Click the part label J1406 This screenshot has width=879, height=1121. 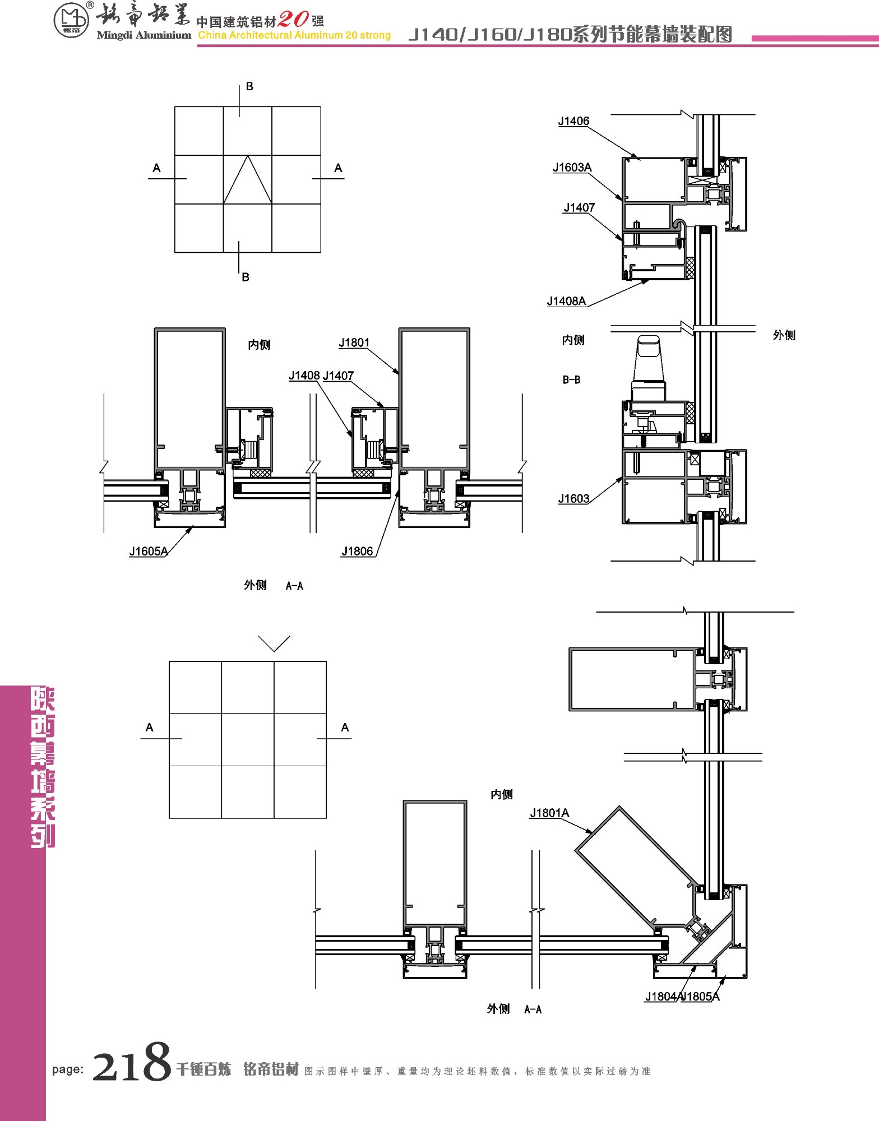(x=573, y=121)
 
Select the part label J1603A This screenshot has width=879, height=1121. (x=572, y=167)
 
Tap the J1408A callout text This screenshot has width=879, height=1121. (x=566, y=301)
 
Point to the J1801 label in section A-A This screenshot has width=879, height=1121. (x=354, y=342)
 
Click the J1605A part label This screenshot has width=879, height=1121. (x=148, y=551)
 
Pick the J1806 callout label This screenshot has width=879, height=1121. (x=357, y=551)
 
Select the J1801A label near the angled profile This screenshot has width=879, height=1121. (x=549, y=813)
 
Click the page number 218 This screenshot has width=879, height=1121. (x=131, y=1062)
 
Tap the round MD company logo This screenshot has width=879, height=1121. (x=71, y=21)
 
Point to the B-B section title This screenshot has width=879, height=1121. (x=571, y=379)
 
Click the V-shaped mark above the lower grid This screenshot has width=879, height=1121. (x=274, y=643)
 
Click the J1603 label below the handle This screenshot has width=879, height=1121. (x=573, y=498)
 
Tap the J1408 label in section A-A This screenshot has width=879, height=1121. (x=304, y=376)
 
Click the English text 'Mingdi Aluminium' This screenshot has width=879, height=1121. (x=144, y=35)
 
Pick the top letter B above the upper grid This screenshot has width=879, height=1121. (x=249, y=86)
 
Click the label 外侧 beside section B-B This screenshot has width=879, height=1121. (x=784, y=335)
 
